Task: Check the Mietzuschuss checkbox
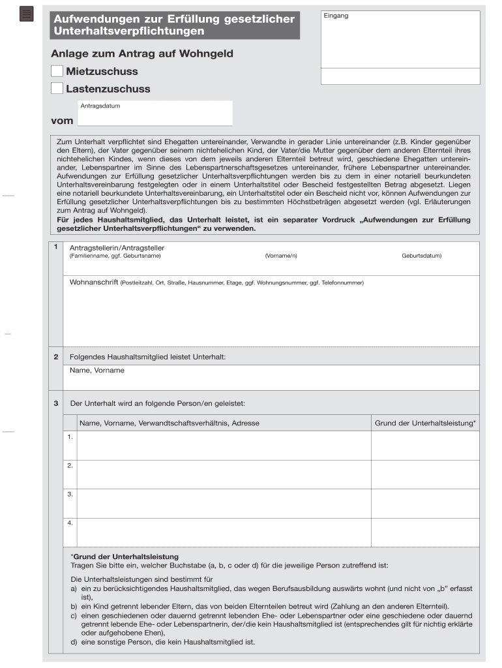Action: (x=57, y=71)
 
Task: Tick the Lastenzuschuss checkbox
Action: (x=57, y=88)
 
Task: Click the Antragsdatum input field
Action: (x=155, y=115)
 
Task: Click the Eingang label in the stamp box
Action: (x=336, y=16)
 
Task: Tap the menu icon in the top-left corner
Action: (x=26, y=14)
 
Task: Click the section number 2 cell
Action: (x=56, y=357)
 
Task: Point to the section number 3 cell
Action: (x=56, y=403)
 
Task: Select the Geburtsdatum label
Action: (x=421, y=256)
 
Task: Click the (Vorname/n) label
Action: (x=281, y=256)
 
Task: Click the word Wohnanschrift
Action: (x=94, y=282)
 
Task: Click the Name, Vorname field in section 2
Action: (x=271, y=378)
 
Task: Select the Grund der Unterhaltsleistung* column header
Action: (x=425, y=423)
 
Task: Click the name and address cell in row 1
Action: (x=224, y=445)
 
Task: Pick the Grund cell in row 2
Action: (x=425, y=474)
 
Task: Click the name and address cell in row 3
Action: (x=224, y=503)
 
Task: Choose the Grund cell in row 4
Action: (x=425, y=532)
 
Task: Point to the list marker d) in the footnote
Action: (x=74, y=642)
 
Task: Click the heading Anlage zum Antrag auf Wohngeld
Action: (x=142, y=53)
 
